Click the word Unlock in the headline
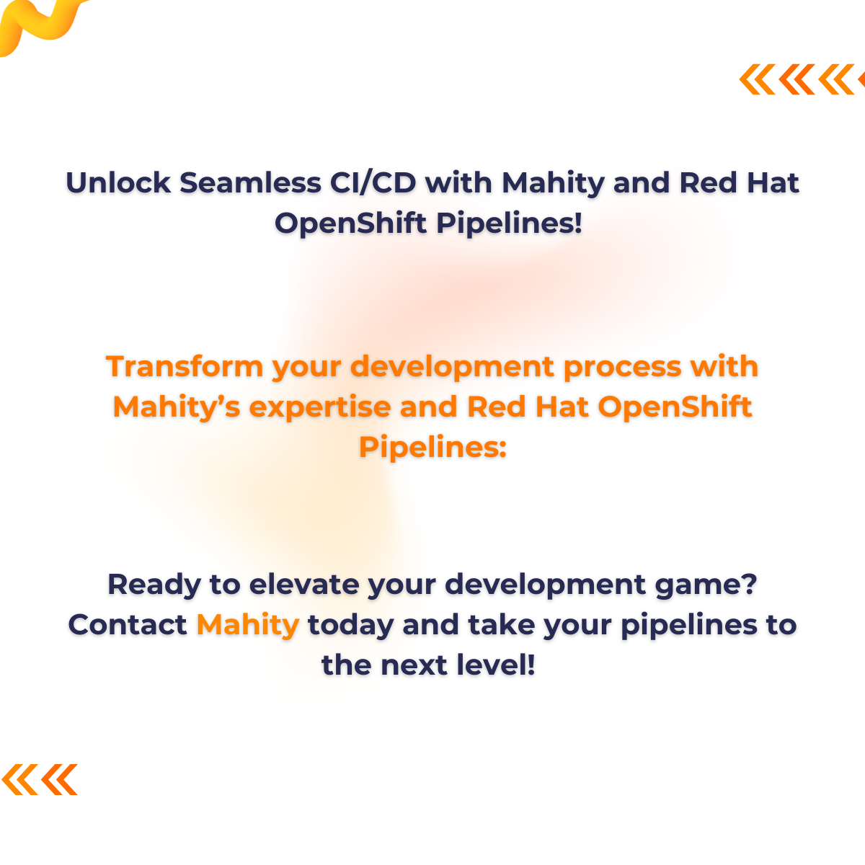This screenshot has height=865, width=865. tap(117, 183)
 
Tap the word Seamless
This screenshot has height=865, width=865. tap(250, 183)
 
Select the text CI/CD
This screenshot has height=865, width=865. tap(373, 183)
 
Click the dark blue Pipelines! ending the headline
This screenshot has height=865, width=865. tap(509, 223)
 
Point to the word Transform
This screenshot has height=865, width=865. tap(185, 367)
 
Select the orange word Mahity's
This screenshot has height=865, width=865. tap(176, 407)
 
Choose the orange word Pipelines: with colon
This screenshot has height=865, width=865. tap(432, 448)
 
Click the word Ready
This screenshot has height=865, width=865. tap(154, 584)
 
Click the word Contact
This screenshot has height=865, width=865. tap(128, 624)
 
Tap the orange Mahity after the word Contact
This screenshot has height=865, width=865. tap(247, 626)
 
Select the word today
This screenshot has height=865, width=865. tap(350, 626)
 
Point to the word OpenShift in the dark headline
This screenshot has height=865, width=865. tap(351, 223)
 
